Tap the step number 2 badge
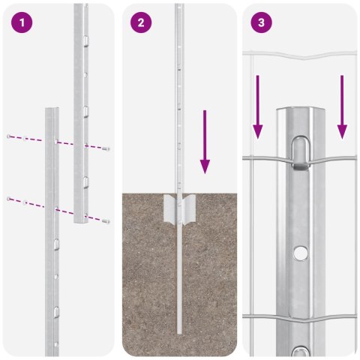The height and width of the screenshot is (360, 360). [x=140, y=22]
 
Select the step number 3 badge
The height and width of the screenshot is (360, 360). [x=260, y=22]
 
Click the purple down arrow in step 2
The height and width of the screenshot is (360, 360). [x=205, y=142]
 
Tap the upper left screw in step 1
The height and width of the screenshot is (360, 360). [x=9, y=136]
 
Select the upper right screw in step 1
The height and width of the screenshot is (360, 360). [x=107, y=148]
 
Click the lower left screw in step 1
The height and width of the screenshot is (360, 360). [x=9, y=198]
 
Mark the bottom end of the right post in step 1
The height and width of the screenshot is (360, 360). [x=79, y=222]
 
